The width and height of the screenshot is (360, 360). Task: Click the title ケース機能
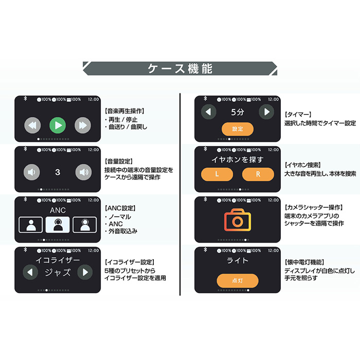point(180,68)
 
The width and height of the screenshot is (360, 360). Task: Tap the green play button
point(58,125)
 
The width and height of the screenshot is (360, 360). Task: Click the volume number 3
point(58,172)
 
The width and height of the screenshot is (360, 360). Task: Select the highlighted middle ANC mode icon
point(58,224)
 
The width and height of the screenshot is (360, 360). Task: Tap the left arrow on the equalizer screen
point(32,272)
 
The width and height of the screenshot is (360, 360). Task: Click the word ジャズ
point(58,273)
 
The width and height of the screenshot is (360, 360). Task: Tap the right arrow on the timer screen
point(266,112)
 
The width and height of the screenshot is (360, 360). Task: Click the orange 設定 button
point(238,129)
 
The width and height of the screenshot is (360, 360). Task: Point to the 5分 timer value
point(238,112)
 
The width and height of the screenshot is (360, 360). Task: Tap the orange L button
point(217,174)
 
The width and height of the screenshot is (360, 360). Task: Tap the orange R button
point(258,174)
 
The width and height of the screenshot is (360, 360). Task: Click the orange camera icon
point(238,220)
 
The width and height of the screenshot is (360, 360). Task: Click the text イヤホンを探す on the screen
point(238,160)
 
